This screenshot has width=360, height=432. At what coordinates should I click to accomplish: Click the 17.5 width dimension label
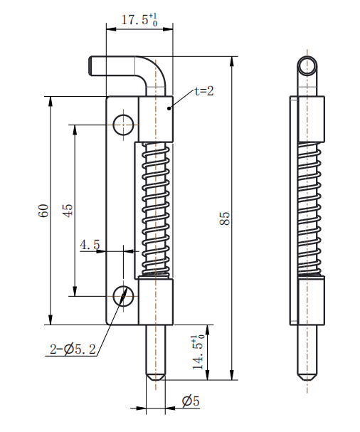tap(139, 20)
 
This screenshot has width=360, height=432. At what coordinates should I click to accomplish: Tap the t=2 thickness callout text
tap(204, 91)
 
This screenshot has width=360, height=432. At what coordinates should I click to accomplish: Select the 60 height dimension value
tap(43, 211)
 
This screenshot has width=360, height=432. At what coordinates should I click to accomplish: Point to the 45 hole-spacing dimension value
tap(68, 211)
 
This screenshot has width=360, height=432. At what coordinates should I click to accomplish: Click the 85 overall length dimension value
tap(225, 218)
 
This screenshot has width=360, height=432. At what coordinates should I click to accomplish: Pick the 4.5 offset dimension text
tap(90, 245)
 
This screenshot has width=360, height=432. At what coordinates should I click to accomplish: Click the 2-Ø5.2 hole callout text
tap(73, 349)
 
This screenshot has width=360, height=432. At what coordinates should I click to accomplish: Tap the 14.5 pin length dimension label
tap(198, 352)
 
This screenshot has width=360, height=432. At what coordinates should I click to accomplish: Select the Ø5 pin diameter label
tap(191, 401)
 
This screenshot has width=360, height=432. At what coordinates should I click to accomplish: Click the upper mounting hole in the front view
tap(123, 125)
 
